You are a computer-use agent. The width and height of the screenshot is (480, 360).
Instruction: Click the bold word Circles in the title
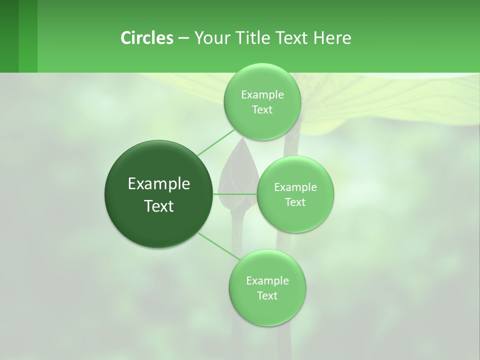click(146, 37)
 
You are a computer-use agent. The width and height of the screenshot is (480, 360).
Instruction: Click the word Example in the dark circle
click(159, 184)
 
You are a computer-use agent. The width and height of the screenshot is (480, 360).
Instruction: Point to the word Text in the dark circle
click(159, 206)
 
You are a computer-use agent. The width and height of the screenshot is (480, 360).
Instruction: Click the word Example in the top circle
click(262, 95)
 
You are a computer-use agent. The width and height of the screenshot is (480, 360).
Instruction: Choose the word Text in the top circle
click(262, 110)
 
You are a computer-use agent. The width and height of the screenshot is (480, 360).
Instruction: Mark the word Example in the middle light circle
click(295, 187)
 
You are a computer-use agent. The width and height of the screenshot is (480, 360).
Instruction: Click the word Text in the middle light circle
click(295, 202)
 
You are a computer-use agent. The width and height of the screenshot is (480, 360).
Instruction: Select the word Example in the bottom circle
click(267, 281)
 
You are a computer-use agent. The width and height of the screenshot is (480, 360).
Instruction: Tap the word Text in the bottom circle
click(267, 296)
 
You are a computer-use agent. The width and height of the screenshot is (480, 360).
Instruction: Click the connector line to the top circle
click(216, 142)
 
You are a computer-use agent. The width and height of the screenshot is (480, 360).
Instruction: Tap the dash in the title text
click(183, 38)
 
